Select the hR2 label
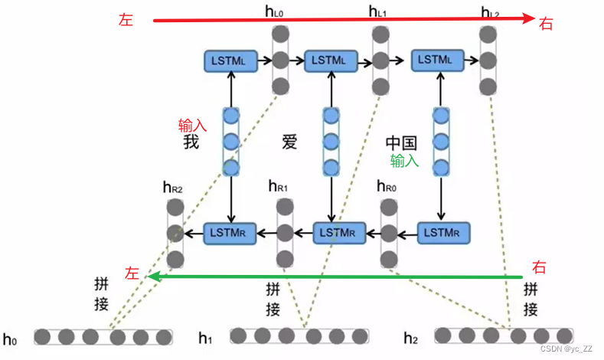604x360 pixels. pyautogui.click(x=172, y=186)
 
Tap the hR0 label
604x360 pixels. pyautogui.click(x=388, y=186)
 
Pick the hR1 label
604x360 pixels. pyautogui.click(x=279, y=186)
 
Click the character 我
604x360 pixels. pyautogui.click(x=191, y=142)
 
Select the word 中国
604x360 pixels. pyautogui.click(x=401, y=143)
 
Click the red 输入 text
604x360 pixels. pyautogui.click(x=192, y=125)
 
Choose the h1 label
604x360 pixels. pyautogui.click(x=205, y=337)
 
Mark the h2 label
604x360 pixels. pyautogui.click(x=410, y=337)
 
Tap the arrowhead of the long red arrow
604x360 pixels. pyautogui.click(x=527, y=20)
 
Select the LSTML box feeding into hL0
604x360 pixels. pyautogui.click(x=230, y=60)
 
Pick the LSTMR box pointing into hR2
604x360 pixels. pyautogui.click(x=228, y=232)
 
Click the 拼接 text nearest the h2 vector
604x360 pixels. pyautogui.click(x=531, y=299)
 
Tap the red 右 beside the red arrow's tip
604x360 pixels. pyautogui.click(x=547, y=24)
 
